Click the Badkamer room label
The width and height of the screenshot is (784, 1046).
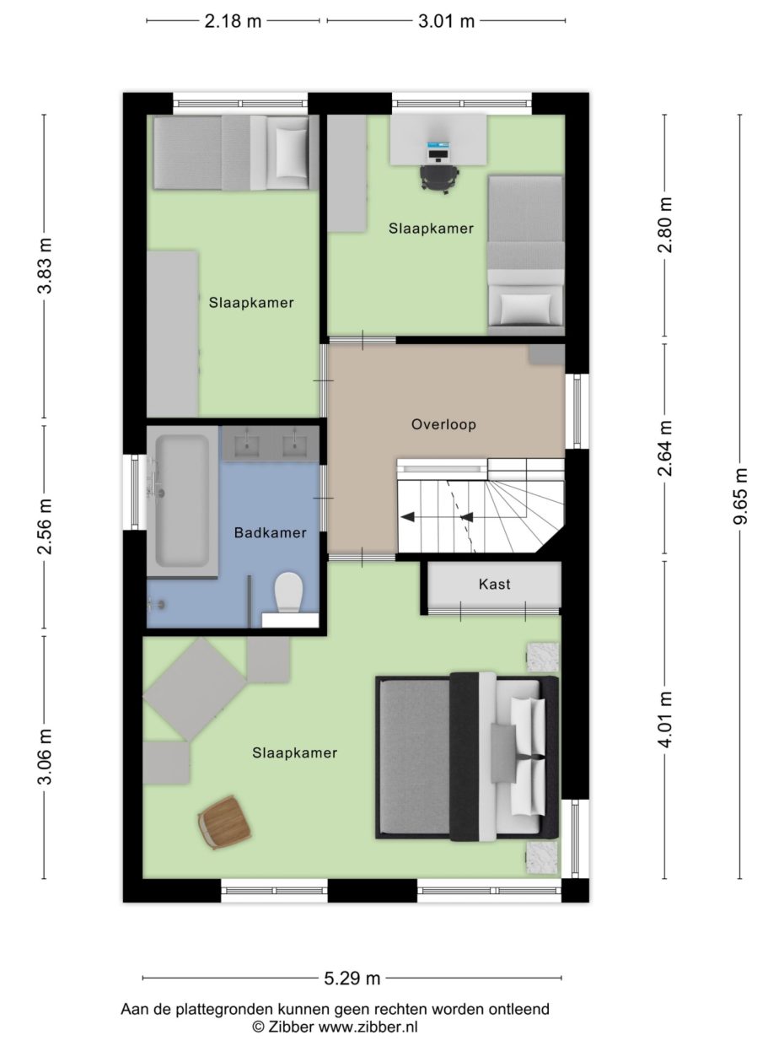pyautogui.click(x=270, y=532)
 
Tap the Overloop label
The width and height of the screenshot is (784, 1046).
pyautogui.click(x=443, y=424)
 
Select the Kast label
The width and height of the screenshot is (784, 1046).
pyautogui.click(x=495, y=584)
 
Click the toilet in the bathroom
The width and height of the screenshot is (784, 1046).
pyautogui.click(x=289, y=593)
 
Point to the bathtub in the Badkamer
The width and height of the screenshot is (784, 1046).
pyautogui.click(x=182, y=502)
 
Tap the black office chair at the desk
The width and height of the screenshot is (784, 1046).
pyautogui.click(x=439, y=178)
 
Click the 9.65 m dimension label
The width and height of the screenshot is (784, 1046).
pyautogui.click(x=740, y=496)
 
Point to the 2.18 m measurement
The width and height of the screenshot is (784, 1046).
pyautogui.click(x=233, y=21)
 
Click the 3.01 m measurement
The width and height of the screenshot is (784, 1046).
pyautogui.click(x=447, y=21)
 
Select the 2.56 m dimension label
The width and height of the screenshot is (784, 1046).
pyautogui.click(x=45, y=526)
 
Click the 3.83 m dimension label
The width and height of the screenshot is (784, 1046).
pyautogui.click(x=45, y=265)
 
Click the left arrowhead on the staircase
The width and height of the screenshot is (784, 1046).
pyautogui.click(x=407, y=516)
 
